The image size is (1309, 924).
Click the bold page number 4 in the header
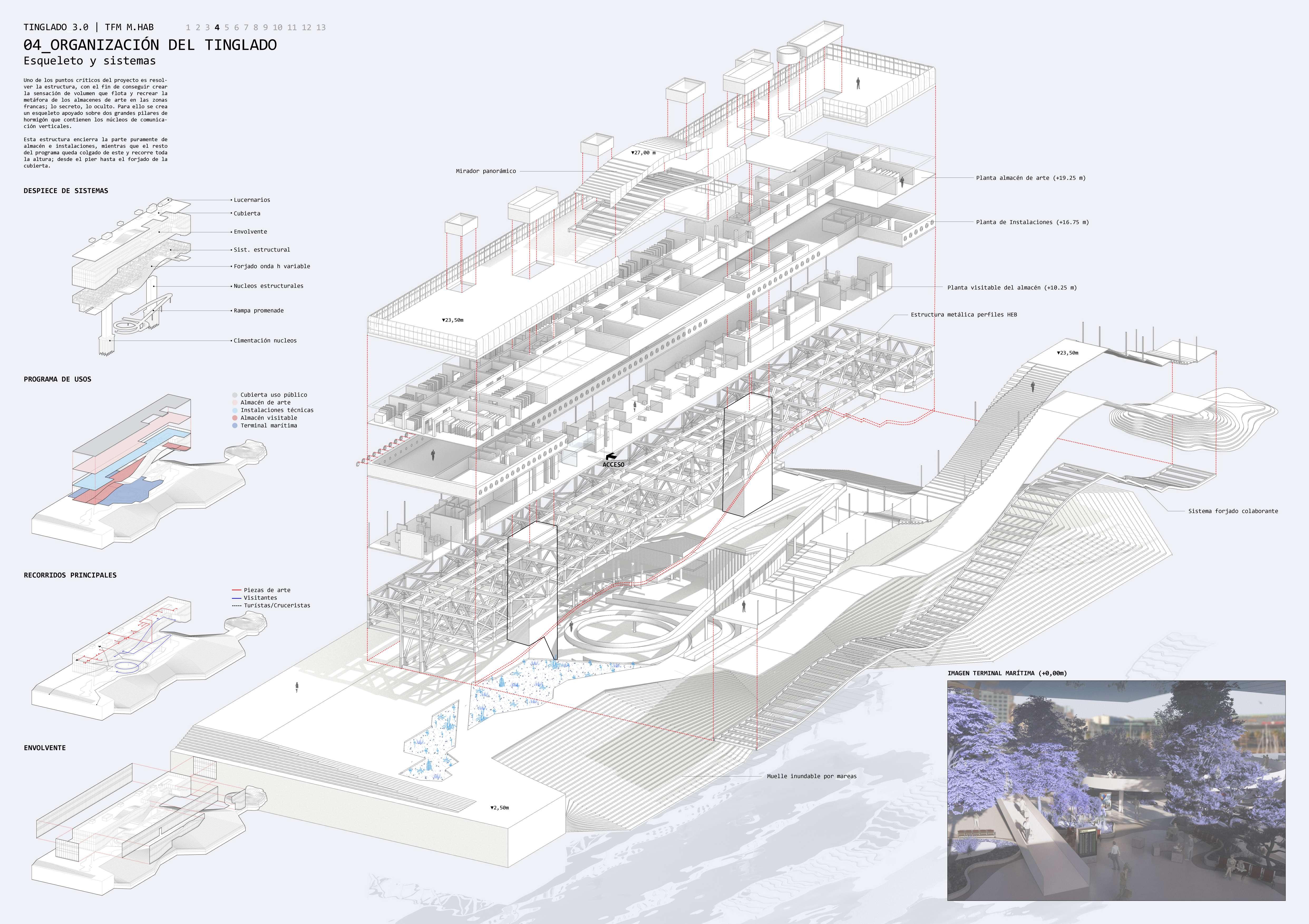click(217, 27)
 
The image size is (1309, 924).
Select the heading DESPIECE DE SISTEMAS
click(66, 191)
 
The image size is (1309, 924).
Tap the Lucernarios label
click(251, 200)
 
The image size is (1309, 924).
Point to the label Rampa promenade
click(258, 311)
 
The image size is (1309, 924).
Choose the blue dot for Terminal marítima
click(235, 426)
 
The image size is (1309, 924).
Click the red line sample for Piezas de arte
click(237, 590)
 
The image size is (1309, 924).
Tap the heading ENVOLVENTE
click(45, 748)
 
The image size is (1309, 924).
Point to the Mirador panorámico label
click(486, 171)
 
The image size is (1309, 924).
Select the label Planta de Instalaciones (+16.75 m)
click(1032, 222)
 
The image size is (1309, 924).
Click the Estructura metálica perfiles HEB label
click(963, 314)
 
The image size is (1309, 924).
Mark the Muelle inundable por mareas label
click(811, 776)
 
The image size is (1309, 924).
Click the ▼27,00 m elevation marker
click(643, 153)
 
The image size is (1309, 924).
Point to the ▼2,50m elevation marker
click(499, 808)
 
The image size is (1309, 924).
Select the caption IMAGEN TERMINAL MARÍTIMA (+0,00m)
click(1007, 673)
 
